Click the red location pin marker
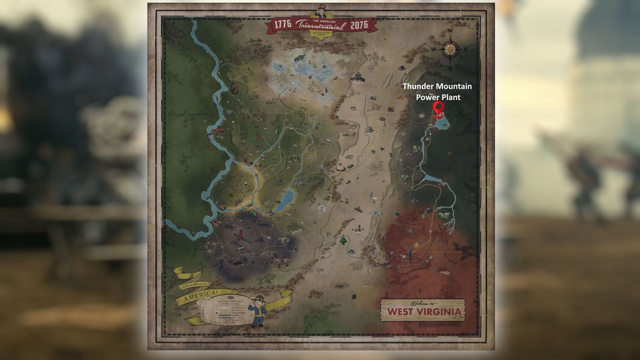(439, 108)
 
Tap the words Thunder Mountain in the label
(437, 86)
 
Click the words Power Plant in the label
(438, 97)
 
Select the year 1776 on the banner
(283, 24)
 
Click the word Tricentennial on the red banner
(320, 26)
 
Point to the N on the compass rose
(450, 31)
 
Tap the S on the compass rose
(450, 68)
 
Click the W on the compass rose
(434, 50)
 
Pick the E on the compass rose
(466, 50)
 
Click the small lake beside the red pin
(442, 124)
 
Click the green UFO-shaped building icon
(342, 240)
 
